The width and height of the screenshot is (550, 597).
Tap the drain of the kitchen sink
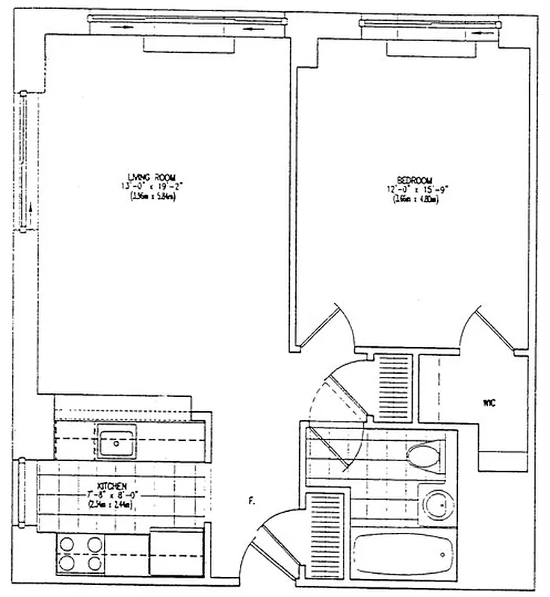coord(117,443)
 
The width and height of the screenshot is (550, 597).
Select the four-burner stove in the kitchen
coord(78,553)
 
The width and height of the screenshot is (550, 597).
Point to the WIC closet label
coord(489,404)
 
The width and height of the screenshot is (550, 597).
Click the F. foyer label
coord(251,502)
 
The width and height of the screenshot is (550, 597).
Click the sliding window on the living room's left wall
coord(25,163)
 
